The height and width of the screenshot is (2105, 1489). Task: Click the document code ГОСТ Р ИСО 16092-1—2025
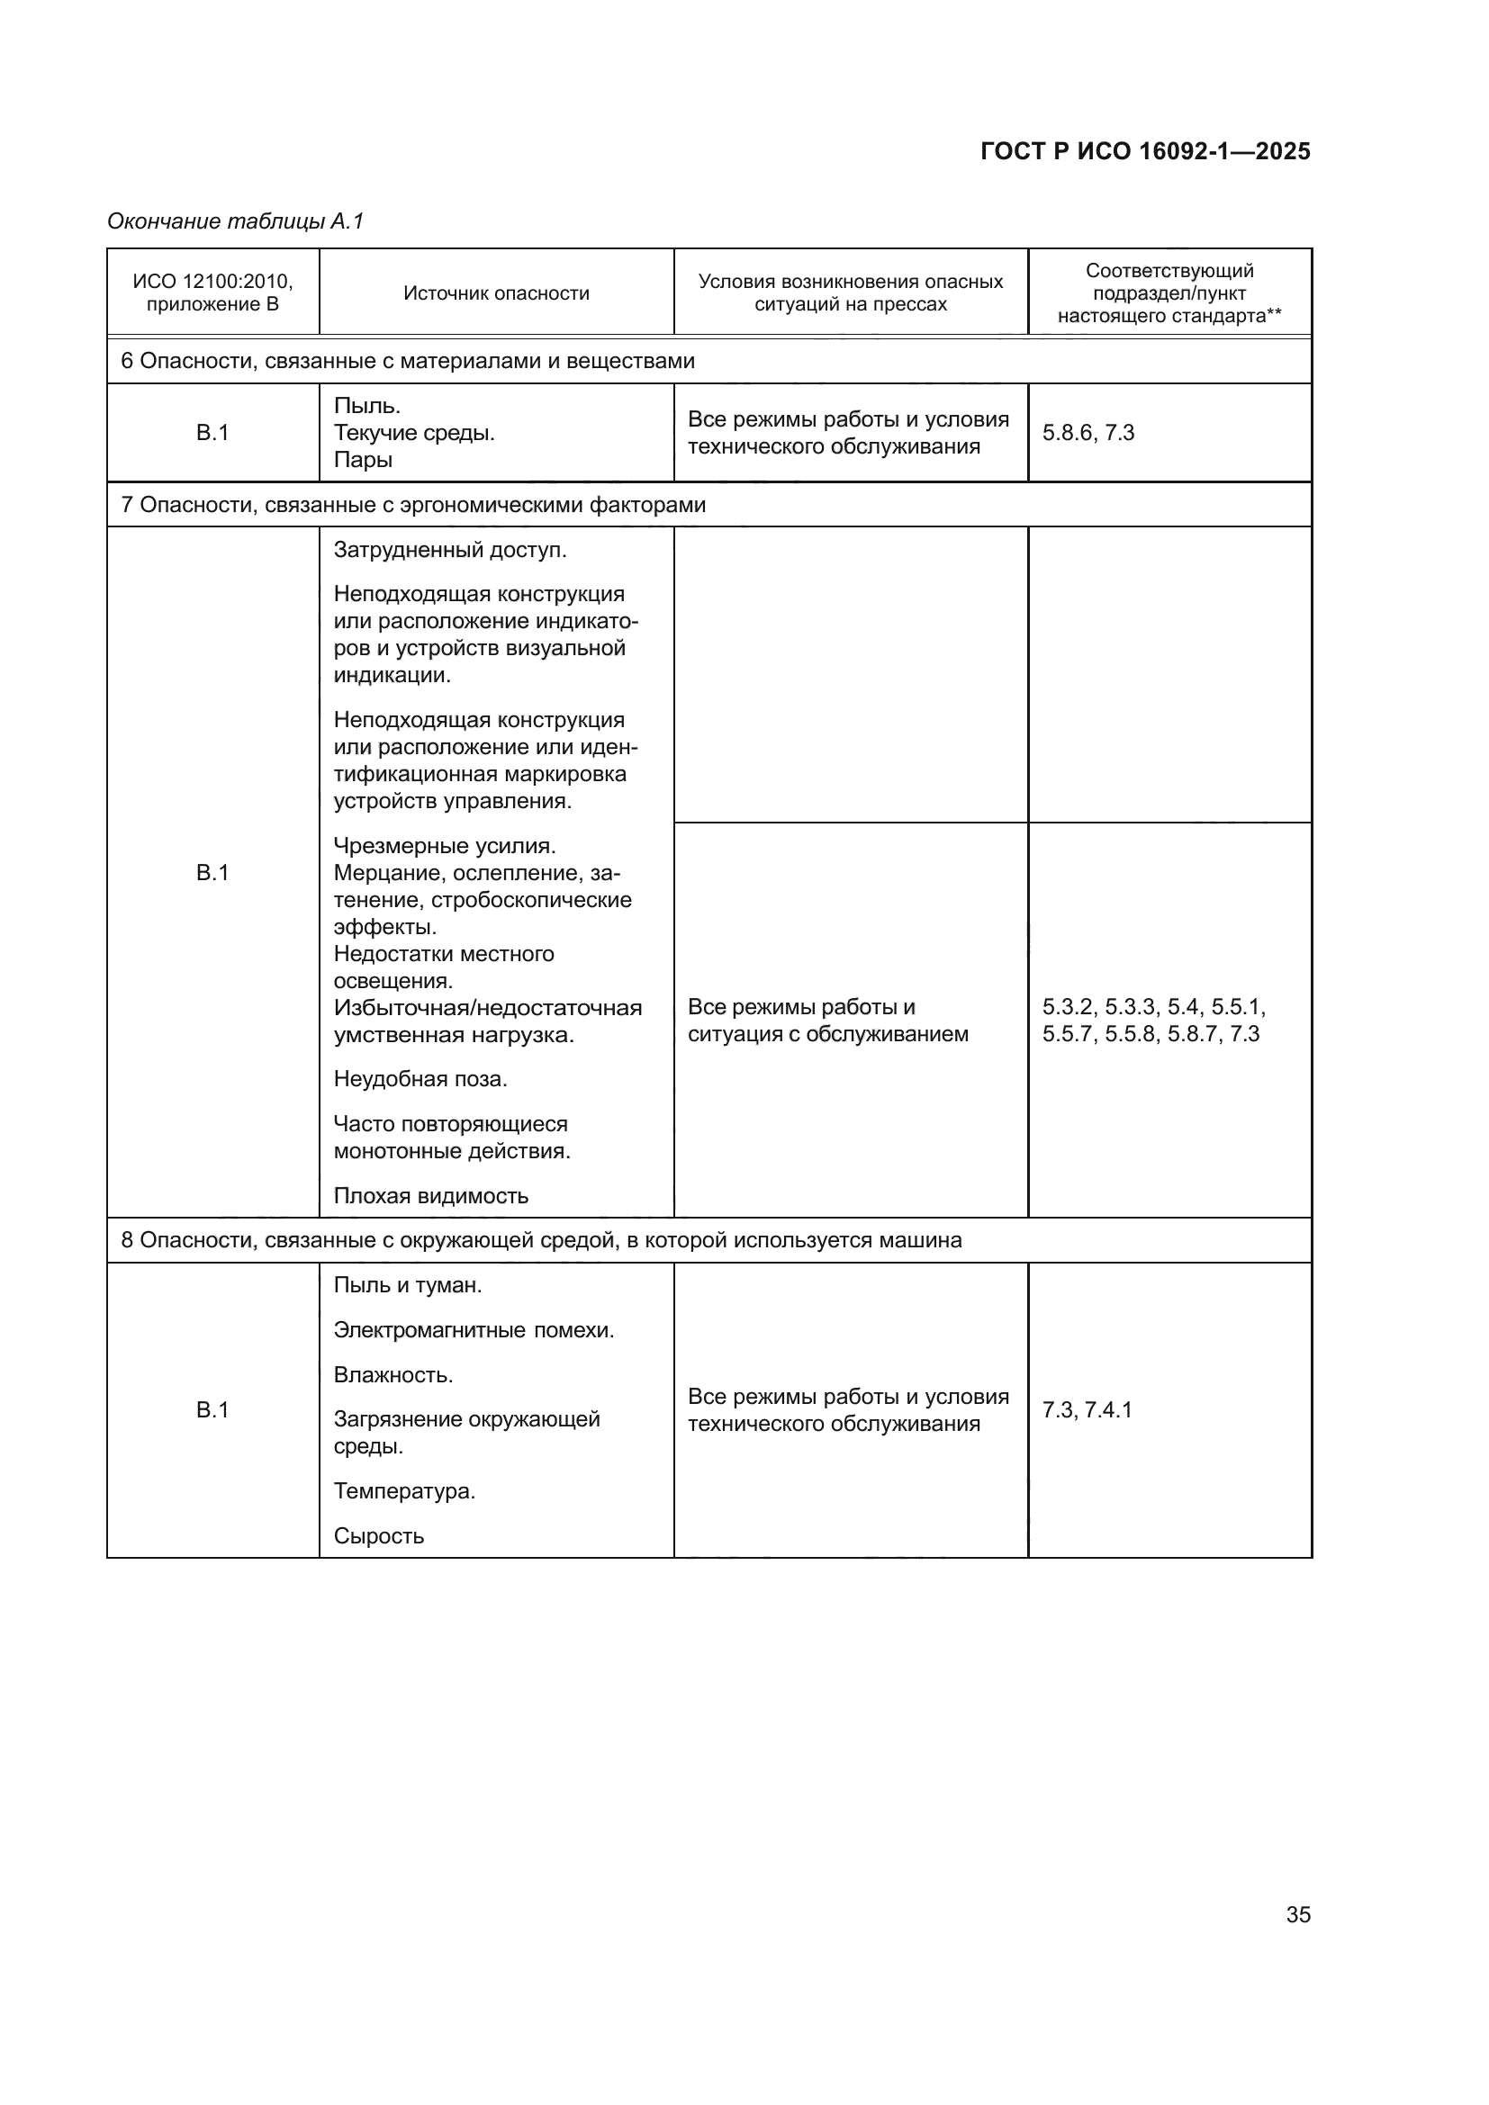[x=1144, y=151]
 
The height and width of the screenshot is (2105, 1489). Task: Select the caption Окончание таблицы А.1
[x=236, y=221]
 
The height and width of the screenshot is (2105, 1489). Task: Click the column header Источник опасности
[x=496, y=293]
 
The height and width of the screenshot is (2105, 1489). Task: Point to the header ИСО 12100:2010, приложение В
[x=212, y=293]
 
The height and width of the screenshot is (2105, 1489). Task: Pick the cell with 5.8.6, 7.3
[x=1088, y=433]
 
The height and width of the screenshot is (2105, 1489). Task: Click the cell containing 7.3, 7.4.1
[x=1087, y=1410]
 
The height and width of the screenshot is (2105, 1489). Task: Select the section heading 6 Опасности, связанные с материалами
[x=408, y=361]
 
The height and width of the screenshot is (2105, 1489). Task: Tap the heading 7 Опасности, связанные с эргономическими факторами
[x=413, y=505]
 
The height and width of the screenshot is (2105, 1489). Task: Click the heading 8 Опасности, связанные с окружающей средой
[x=541, y=1240]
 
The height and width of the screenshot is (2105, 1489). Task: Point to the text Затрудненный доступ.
[x=449, y=550]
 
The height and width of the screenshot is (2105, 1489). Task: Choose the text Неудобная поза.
[x=420, y=1079]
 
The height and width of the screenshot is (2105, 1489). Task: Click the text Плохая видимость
[x=431, y=1195]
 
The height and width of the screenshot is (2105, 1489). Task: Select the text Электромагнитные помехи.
[x=474, y=1330]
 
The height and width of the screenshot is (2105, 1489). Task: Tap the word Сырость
[x=379, y=1535]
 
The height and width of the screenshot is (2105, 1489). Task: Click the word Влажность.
[x=393, y=1375]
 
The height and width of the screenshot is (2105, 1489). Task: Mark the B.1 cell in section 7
[x=212, y=873]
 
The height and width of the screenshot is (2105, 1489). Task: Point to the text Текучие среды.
[x=413, y=433]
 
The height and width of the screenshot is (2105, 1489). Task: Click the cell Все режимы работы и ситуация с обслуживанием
[x=827, y=1021]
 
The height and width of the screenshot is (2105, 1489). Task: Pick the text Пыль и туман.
[x=407, y=1285]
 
